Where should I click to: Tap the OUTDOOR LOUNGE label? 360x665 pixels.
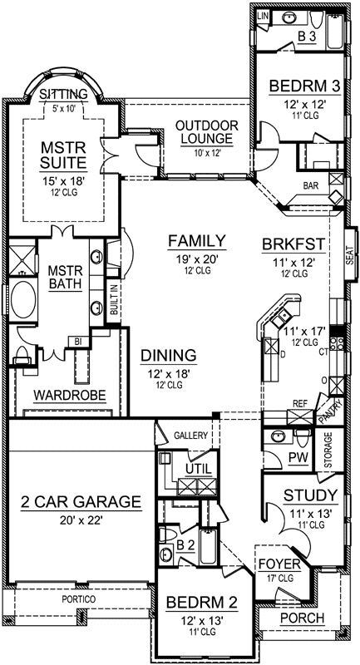(206, 132)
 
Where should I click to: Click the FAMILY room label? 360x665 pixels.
(196, 241)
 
